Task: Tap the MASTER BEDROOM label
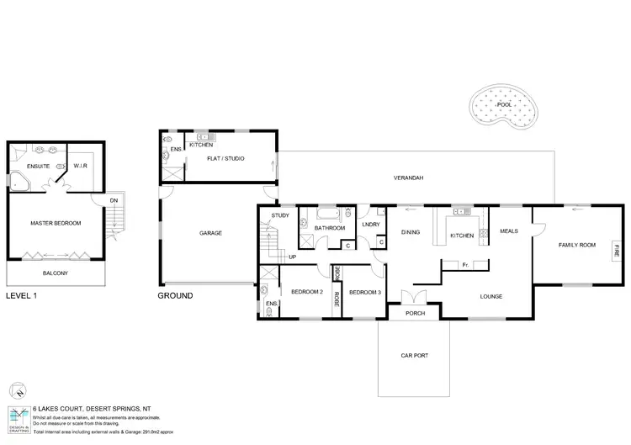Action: click(56, 223)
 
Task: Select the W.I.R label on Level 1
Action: click(82, 166)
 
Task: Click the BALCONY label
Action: click(56, 273)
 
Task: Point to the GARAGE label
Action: click(210, 233)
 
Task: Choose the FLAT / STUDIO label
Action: click(225, 157)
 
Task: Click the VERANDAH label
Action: click(408, 178)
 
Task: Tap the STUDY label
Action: click(280, 216)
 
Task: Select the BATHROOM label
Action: click(330, 228)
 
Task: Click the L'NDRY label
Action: click(371, 225)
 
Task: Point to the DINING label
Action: click(410, 232)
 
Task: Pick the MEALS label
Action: click(510, 231)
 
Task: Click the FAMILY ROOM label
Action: click(576, 245)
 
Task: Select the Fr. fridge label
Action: click(465, 265)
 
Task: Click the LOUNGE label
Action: click(490, 296)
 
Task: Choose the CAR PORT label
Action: click(414, 356)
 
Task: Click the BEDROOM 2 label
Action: click(306, 292)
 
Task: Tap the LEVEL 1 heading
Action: click(22, 296)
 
